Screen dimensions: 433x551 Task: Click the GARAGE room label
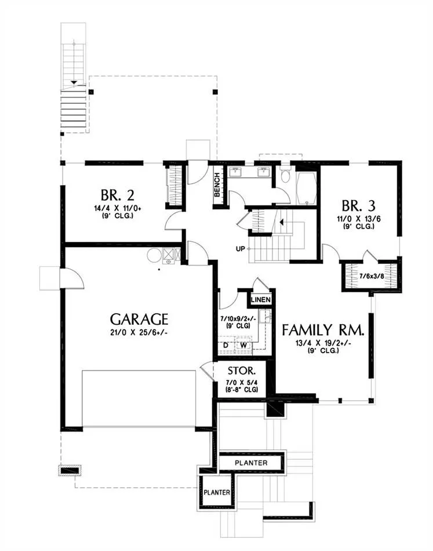139,319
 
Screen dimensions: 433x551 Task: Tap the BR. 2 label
117,195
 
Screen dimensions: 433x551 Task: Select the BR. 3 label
359,205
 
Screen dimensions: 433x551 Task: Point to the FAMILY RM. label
323,330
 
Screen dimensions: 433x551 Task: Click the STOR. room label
242,371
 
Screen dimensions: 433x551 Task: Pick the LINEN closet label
261,300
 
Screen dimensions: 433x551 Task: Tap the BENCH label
217,184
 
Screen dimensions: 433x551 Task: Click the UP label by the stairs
240,249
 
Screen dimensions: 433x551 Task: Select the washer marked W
243,345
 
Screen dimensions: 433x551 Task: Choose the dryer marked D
226,345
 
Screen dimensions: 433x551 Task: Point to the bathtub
306,188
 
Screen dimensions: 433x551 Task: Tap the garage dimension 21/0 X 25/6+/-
139,332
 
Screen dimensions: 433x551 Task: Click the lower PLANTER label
217,492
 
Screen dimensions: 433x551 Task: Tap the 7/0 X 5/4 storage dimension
242,382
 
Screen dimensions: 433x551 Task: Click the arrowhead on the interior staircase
281,222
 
